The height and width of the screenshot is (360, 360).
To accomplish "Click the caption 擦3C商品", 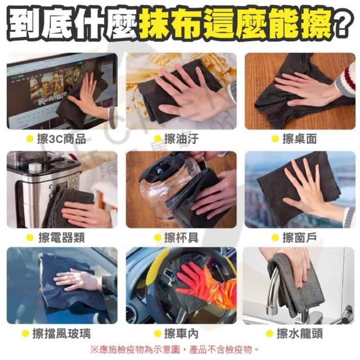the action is click(61, 139).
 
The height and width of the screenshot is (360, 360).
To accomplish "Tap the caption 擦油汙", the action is click(181, 139).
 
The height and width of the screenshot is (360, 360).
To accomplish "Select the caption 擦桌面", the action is click(300, 139).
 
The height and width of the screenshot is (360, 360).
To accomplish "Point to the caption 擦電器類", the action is click(61, 237).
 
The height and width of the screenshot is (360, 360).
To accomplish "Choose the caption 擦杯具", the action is click(181, 237).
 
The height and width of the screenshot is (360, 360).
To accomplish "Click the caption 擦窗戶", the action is click(300, 237).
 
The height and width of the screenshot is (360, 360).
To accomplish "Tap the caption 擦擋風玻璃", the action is click(61, 334).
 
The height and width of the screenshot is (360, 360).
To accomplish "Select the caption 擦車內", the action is click(181, 334).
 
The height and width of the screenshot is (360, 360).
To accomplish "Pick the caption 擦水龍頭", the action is click(300, 334).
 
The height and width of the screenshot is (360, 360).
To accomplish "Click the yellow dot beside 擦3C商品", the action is click(30, 139).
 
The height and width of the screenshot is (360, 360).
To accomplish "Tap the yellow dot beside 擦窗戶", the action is click(275, 237).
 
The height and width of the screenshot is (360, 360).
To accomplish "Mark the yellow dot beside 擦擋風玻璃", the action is click(25, 334).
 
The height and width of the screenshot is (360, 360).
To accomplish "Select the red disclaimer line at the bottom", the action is click(174, 350).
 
